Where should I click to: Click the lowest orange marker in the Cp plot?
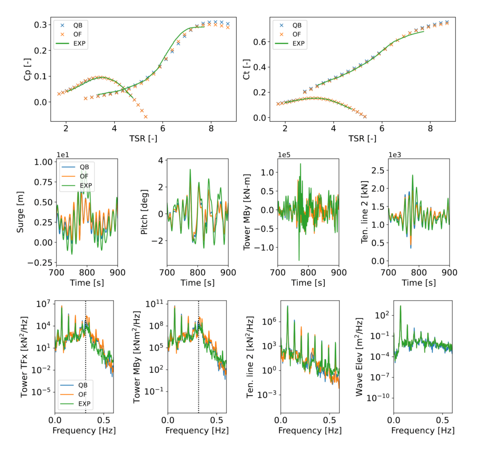(146, 117)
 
